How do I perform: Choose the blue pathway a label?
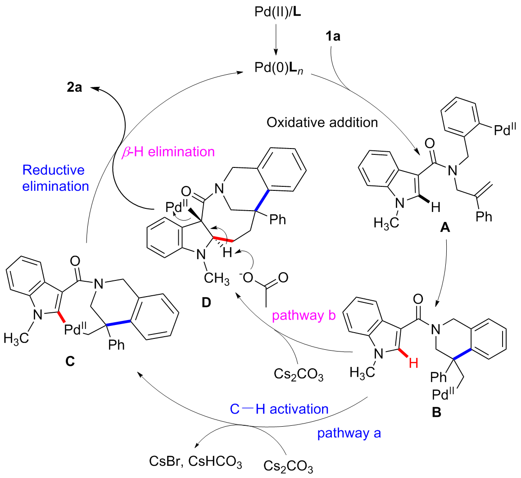pyautogui.click(x=349, y=433)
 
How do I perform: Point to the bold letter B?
pyautogui.click(x=437, y=411)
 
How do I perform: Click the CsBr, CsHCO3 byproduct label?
pyautogui.click(x=196, y=462)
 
